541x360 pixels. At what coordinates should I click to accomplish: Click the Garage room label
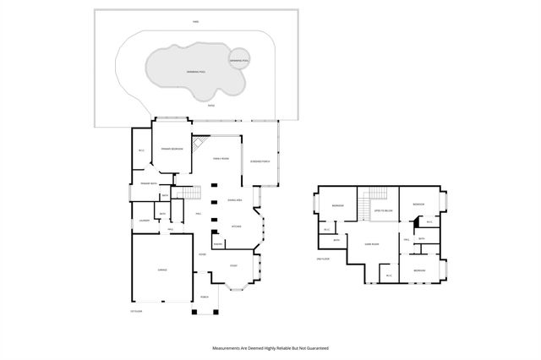[x=161, y=270]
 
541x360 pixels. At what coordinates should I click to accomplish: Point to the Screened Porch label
[x=260, y=161]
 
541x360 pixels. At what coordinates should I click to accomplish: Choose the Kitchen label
[x=238, y=226]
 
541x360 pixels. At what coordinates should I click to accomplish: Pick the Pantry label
[x=217, y=244]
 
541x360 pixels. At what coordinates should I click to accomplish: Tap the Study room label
[x=234, y=265]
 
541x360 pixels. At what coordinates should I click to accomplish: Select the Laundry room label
[x=144, y=221]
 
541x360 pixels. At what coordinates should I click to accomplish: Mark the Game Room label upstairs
[x=370, y=243]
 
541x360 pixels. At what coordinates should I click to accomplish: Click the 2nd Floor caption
[x=321, y=259]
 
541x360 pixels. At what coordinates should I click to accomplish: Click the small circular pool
[x=239, y=60]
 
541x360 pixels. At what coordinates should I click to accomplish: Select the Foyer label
[x=203, y=254]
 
